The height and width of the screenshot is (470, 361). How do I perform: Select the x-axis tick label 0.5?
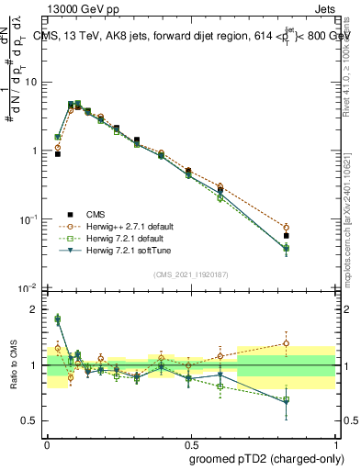[x=190, y=442]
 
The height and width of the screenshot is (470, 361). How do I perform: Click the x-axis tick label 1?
[x=334, y=442]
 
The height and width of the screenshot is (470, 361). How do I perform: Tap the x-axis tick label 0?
[x=47, y=442]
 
